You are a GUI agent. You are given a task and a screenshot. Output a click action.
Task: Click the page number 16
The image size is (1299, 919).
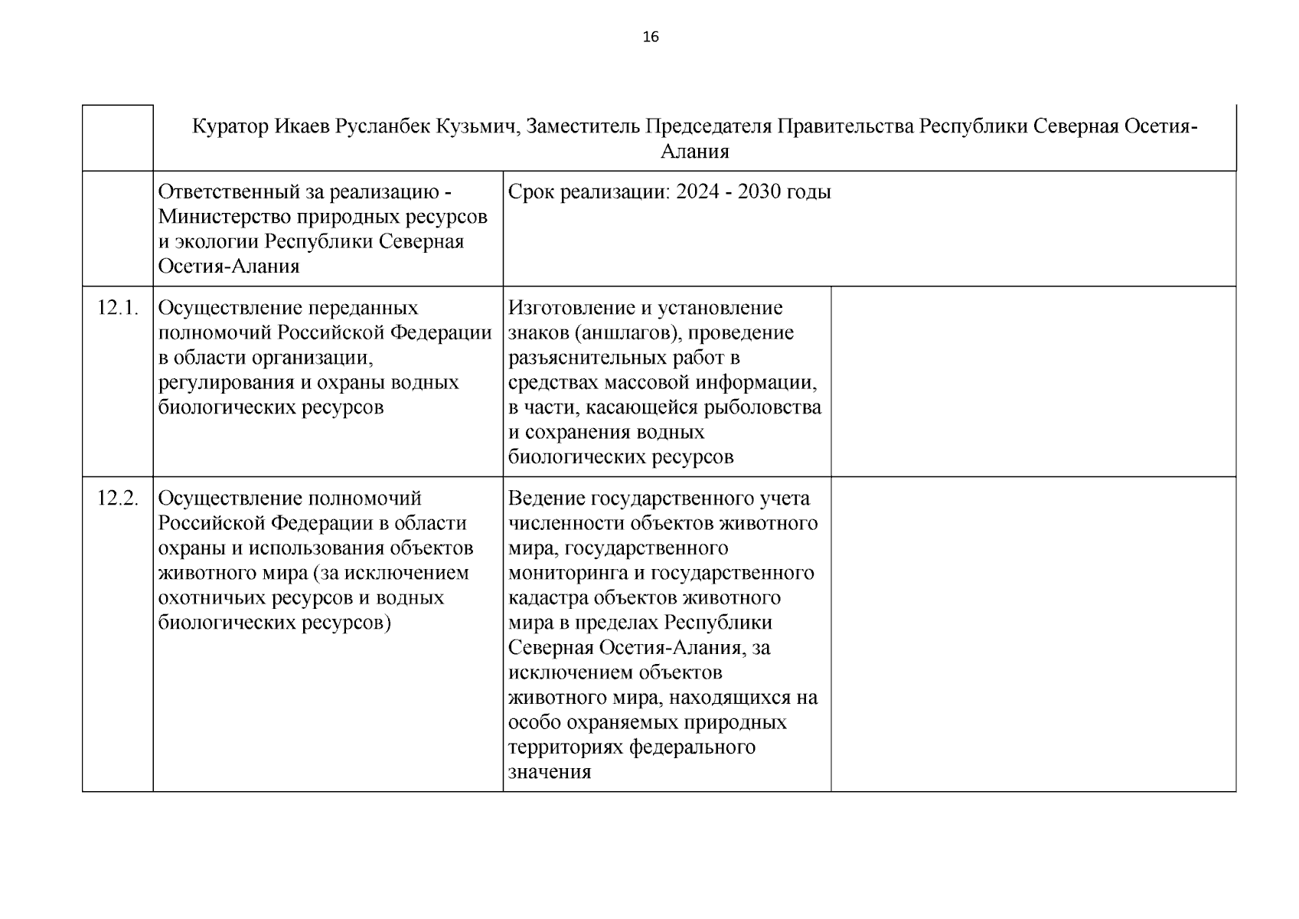651,37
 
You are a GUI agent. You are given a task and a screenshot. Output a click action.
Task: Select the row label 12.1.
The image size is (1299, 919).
118,308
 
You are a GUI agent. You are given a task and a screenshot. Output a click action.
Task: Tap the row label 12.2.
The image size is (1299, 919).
118,499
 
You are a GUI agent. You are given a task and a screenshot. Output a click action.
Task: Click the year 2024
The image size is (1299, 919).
697,192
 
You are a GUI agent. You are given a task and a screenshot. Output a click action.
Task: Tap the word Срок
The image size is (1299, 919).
531,192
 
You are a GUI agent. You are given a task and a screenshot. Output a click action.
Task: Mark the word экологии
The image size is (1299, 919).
217,242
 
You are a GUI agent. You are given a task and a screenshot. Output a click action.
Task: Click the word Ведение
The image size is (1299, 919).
547,499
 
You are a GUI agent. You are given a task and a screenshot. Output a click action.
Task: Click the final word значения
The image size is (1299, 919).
550,772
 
